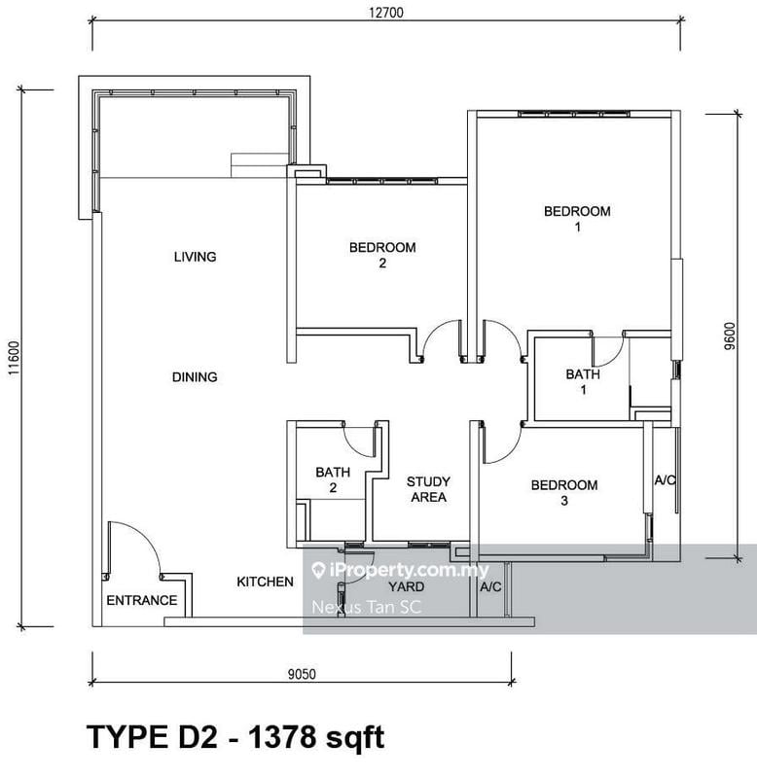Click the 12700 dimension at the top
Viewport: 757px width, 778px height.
point(385,13)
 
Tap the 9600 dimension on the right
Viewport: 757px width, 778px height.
point(741,336)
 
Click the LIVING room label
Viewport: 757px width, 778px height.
point(195,257)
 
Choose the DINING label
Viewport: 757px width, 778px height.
point(195,377)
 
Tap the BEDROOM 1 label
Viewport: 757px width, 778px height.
point(577,219)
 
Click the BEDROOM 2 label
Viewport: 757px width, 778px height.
point(382,255)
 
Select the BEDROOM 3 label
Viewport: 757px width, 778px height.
point(563,493)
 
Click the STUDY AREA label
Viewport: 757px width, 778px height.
point(428,489)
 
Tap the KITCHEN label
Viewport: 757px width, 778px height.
point(266,582)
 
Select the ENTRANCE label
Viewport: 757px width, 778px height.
point(142,600)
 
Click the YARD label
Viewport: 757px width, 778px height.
point(406,587)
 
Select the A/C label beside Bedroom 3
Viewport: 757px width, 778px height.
point(666,480)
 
